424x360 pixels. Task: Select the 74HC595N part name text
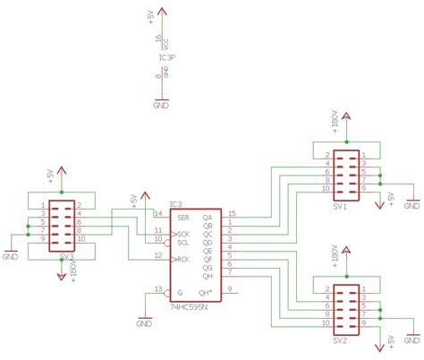coord(189,305)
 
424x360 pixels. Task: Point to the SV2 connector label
coord(339,341)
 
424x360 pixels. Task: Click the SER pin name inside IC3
coord(182,217)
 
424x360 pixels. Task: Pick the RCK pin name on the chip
coord(182,259)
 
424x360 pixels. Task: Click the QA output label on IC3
coord(208,217)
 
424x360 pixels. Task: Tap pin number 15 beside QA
coord(232,213)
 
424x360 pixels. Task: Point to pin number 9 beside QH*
coord(230,288)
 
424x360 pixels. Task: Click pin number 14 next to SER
coord(157,213)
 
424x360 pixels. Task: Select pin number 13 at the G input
coord(157,288)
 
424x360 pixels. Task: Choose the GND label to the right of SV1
coord(412,205)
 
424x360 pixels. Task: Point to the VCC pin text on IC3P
coord(165,41)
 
